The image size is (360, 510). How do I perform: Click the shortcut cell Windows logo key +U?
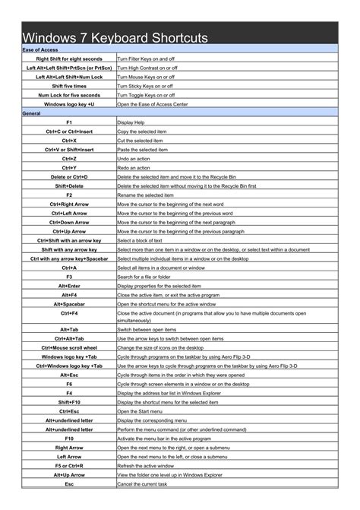[69, 104]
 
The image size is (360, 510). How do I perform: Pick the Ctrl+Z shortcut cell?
[69, 158]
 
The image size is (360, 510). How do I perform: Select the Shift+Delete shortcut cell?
[69, 185]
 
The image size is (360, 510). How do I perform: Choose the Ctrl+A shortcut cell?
[69, 268]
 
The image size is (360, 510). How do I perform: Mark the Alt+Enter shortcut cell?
[69, 286]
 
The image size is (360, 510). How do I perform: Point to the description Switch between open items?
[147, 329]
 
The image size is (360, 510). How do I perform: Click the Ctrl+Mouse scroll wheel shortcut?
[69, 347]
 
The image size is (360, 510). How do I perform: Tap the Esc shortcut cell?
[69, 484]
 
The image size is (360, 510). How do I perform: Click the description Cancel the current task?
[142, 484]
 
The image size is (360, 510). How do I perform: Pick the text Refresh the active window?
[145, 466]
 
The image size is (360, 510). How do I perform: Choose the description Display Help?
[130, 122]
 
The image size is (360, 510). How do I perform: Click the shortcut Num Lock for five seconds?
[69, 95]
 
